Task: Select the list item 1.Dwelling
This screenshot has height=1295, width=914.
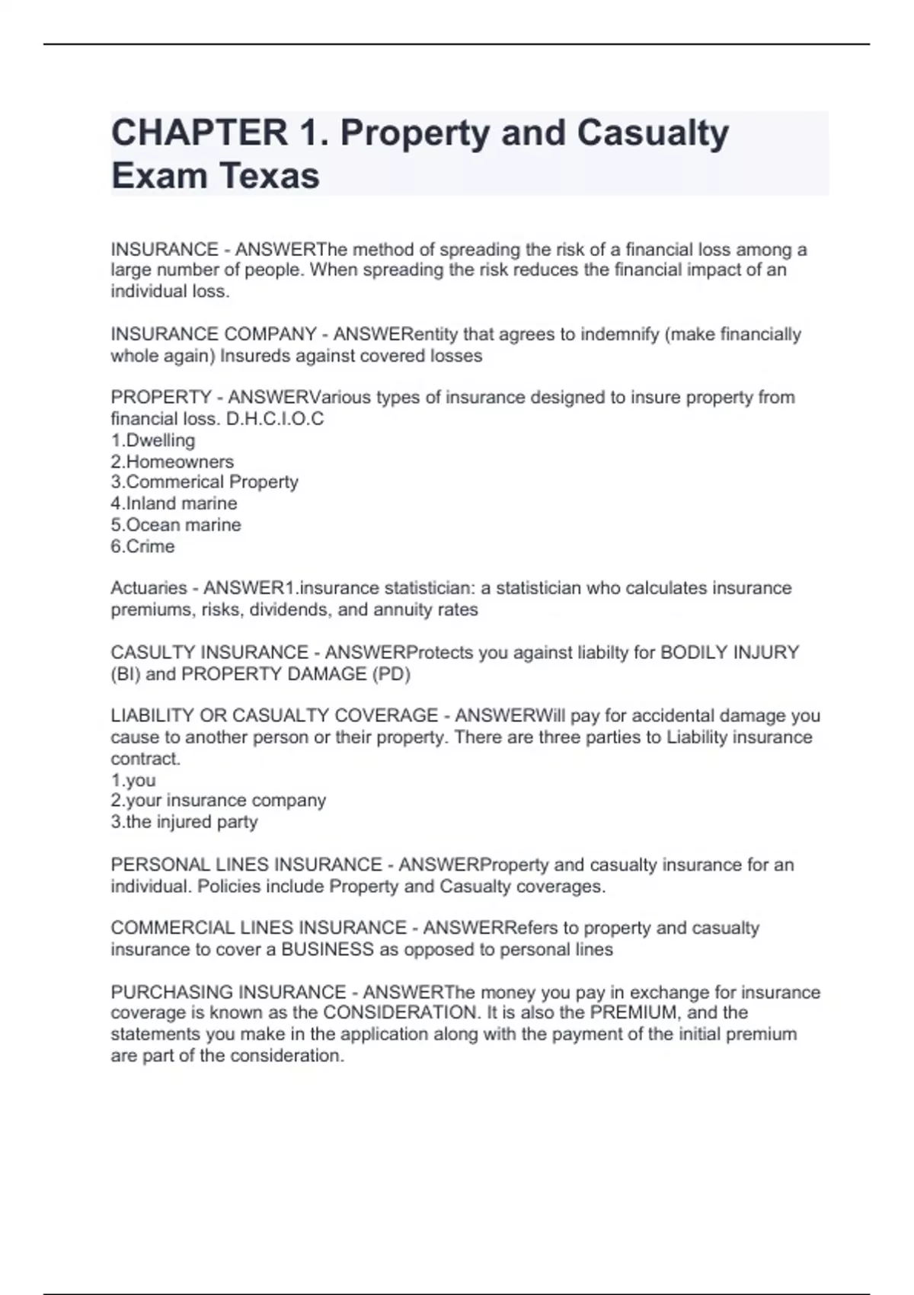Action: tap(153, 440)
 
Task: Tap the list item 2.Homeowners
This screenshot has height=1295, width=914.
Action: tap(172, 462)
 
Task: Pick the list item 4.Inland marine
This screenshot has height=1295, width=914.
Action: tap(174, 504)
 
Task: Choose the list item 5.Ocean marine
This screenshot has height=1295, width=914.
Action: tap(176, 525)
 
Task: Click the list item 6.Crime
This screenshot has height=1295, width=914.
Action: tap(142, 546)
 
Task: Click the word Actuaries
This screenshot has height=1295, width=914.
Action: tap(149, 588)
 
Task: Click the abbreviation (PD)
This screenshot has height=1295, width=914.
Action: tap(391, 674)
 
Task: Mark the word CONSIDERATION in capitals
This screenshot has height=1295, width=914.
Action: tap(400, 1013)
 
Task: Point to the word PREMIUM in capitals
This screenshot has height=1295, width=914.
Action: tap(634, 1013)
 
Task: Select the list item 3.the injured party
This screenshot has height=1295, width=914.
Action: tap(184, 822)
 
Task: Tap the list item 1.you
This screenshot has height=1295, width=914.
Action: tap(133, 780)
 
